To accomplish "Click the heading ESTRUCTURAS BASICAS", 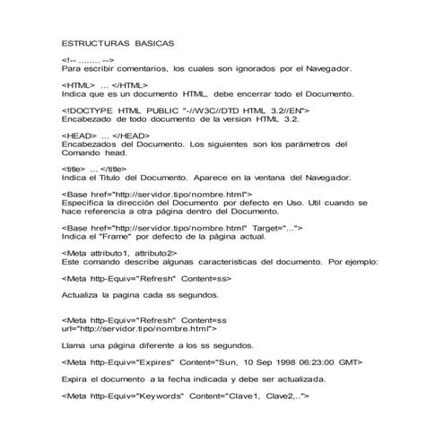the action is click(118, 42).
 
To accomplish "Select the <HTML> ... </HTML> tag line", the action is click(105, 83).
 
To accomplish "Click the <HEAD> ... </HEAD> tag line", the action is click(105, 135).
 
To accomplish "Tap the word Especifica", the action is click(88, 203).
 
